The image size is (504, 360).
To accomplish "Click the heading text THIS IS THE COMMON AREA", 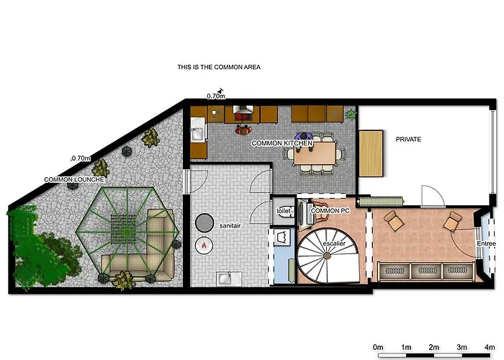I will pyautogui.click(x=218, y=67).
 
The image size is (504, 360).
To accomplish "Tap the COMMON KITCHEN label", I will pyautogui.click(x=282, y=143).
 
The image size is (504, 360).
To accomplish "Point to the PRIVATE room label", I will pyautogui.click(x=407, y=138).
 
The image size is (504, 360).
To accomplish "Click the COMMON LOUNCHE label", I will pyautogui.click(x=75, y=179).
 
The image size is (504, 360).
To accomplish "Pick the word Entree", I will pyautogui.click(x=487, y=244).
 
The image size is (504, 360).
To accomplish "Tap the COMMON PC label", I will pyautogui.click(x=330, y=210).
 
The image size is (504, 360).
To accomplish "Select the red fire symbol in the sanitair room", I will pyautogui.click(x=204, y=246).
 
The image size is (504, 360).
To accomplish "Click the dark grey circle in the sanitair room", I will pyautogui.click(x=204, y=222).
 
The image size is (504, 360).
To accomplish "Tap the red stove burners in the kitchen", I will pyautogui.click(x=242, y=112).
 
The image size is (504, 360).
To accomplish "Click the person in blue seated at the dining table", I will pyautogui.click(x=304, y=138).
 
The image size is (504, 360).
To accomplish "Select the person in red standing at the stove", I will pyautogui.click(x=242, y=130).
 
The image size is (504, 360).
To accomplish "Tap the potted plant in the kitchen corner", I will pyautogui.click(x=351, y=114).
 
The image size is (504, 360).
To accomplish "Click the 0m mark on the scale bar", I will pyautogui.click(x=377, y=346).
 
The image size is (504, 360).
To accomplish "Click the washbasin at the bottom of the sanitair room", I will pyautogui.click(x=225, y=277).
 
